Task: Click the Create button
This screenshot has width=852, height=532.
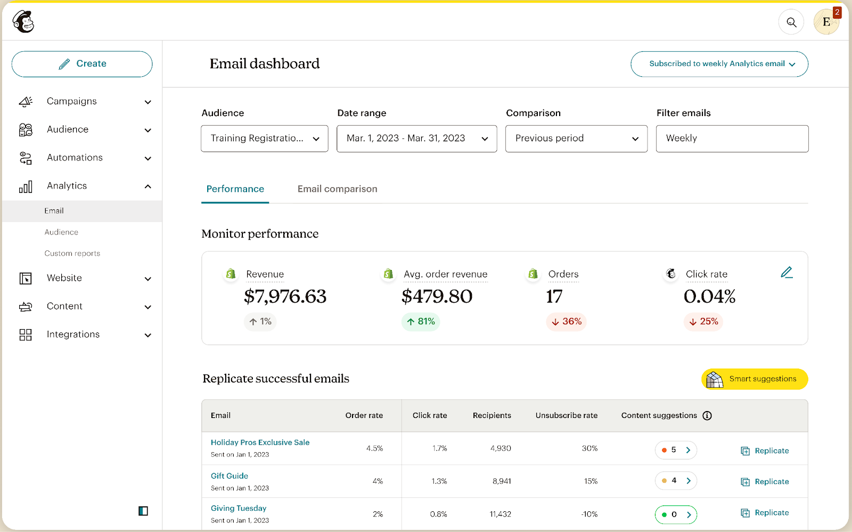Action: pos(82,64)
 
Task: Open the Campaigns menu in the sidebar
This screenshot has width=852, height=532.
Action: pos(72,101)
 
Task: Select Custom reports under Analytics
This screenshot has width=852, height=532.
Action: pos(72,253)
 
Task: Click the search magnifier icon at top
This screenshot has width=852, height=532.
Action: pos(791,22)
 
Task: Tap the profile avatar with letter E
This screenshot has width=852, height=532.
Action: pos(826,22)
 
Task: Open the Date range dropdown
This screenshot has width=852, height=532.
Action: pos(416,138)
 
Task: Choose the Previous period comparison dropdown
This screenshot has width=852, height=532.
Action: pos(576,138)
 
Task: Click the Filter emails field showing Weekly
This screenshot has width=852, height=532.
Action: pos(732,138)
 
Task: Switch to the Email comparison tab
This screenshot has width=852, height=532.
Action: pos(337,189)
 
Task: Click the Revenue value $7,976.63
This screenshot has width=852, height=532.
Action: pos(285,297)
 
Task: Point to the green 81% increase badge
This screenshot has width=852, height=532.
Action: pos(421,322)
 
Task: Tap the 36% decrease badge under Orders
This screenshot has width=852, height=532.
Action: pos(566,322)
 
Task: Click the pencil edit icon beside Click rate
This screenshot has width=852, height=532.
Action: pos(787,273)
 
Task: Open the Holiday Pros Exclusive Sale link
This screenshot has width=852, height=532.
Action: pos(260,443)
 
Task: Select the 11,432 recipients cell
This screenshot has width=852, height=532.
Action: pos(500,514)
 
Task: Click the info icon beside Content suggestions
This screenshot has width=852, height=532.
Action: pos(707,416)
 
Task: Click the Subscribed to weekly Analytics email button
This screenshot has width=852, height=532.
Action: pos(719,64)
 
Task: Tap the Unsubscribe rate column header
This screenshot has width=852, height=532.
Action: pos(566,416)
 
